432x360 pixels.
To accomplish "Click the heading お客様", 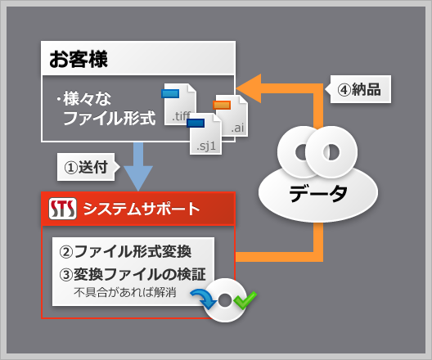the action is pyautogui.click(x=79, y=59).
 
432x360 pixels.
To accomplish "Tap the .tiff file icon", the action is pyautogui.click(x=180, y=104).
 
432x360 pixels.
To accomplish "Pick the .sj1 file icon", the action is pyautogui.click(x=205, y=133).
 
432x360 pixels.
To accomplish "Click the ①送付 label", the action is pyautogui.click(x=86, y=167).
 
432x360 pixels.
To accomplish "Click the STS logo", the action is pyautogui.click(x=62, y=209).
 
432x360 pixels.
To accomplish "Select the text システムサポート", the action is pyautogui.click(x=142, y=209).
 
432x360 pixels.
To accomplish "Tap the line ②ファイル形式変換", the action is pyautogui.click(x=125, y=251).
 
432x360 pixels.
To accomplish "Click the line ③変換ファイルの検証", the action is pyautogui.click(x=133, y=274).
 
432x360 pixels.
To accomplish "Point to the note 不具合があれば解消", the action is pyautogui.click(x=125, y=293).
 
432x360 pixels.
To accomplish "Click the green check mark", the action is pyautogui.click(x=245, y=300).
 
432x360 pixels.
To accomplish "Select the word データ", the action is pyautogui.click(x=318, y=193).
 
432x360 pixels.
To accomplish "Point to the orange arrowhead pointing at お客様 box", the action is pyautogui.click(x=249, y=88).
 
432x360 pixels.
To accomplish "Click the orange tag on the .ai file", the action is pyautogui.click(x=222, y=105).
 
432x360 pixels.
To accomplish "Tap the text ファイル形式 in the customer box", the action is pyautogui.click(x=110, y=118).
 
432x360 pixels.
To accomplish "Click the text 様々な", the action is pyautogui.click(x=87, y=99).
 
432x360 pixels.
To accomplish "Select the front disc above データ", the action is pyautogui.click(x=331, y=151).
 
